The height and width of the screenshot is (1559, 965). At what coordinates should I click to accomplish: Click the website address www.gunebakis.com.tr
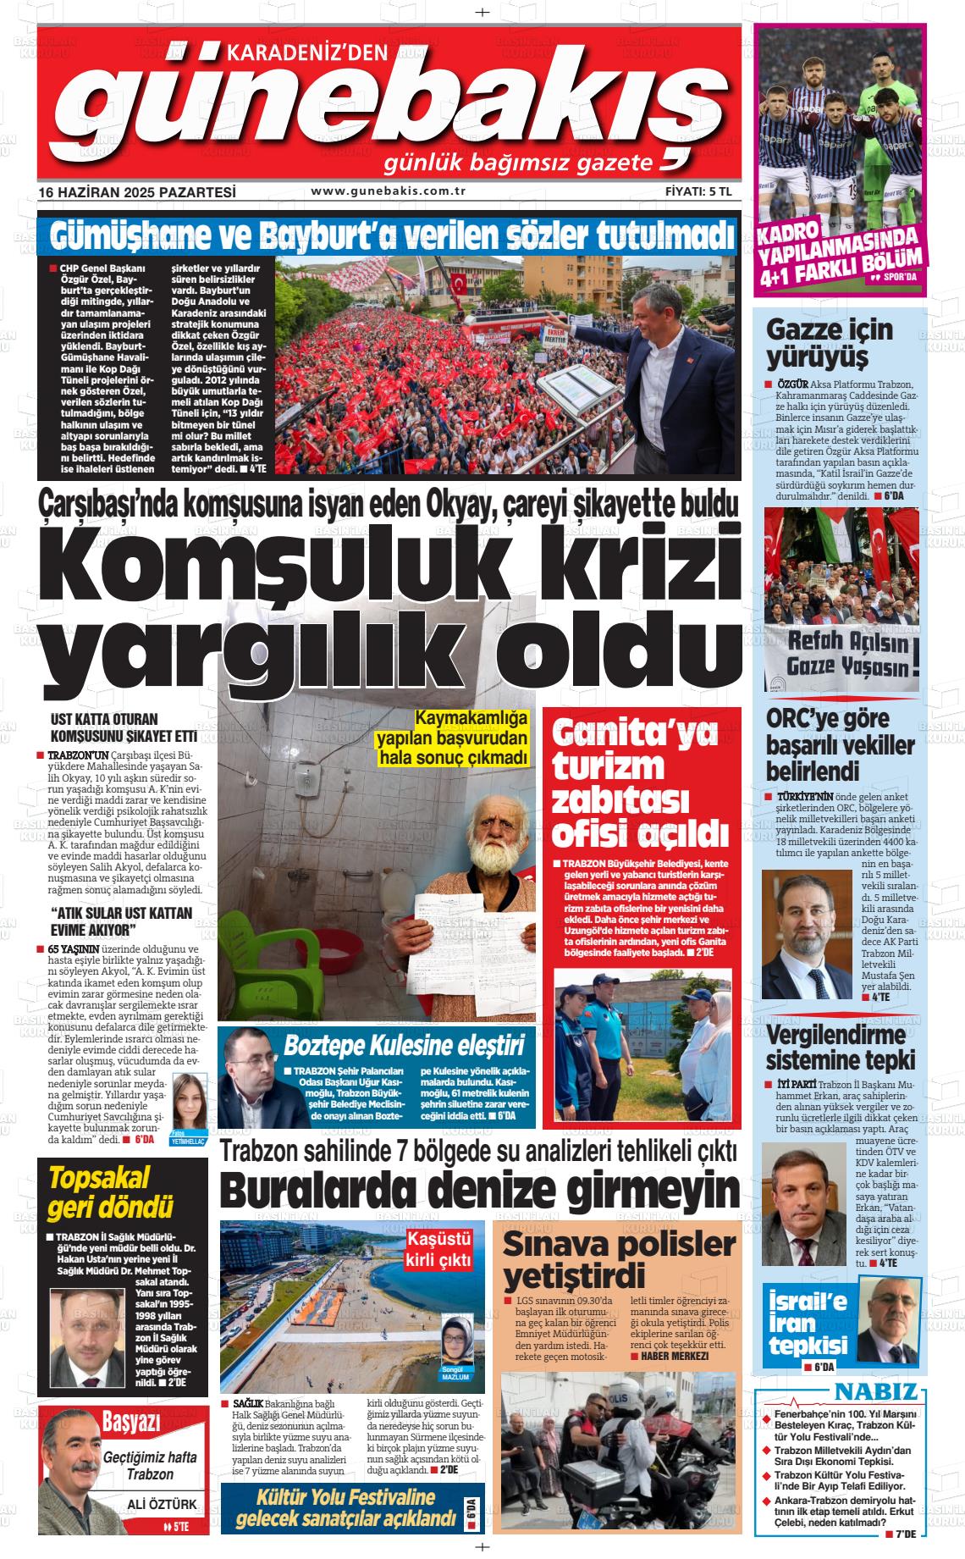(389, 191)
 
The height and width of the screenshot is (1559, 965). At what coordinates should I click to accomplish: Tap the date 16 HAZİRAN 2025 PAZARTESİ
(137, 192)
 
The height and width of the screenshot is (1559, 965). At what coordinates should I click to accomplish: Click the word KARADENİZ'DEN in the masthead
(307, 53)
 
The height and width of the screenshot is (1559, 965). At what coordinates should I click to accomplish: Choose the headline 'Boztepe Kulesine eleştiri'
(404, 1044)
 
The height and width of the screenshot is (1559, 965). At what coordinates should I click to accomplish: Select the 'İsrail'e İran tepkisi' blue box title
(808, 1324)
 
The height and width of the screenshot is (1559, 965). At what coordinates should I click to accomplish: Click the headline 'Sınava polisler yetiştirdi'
(619, 1258)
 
